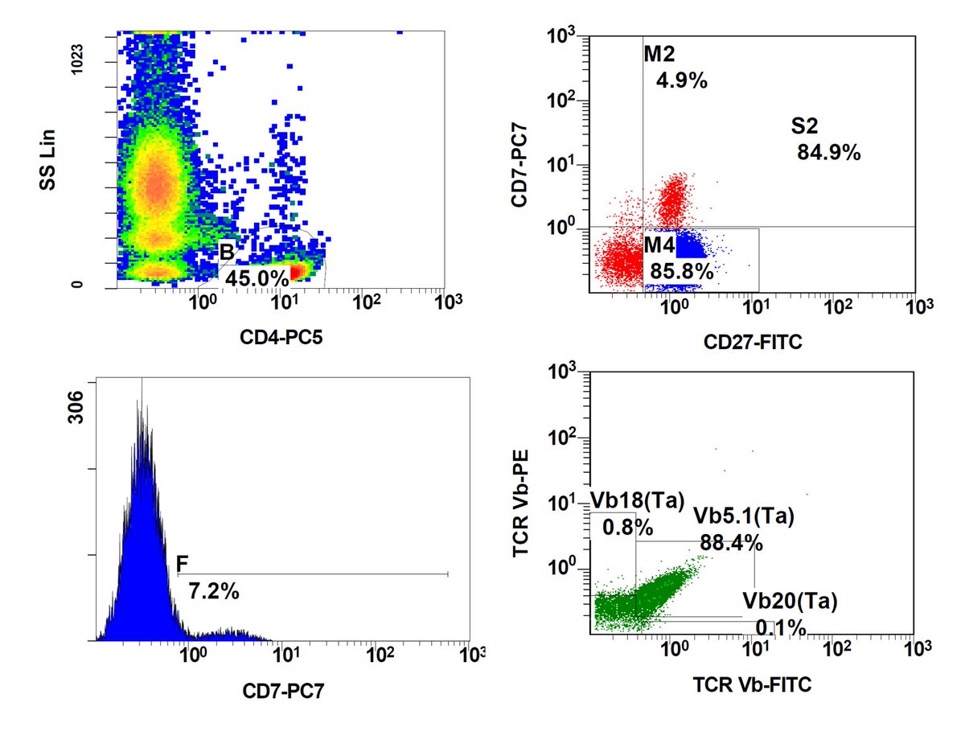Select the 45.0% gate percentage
coord(257,277)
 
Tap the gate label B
coord(228,253)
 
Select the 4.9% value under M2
coord(681,80)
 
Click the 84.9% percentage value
coord(828,152)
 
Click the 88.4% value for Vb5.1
coord(731,543)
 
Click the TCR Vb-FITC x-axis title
coord(752,684)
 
